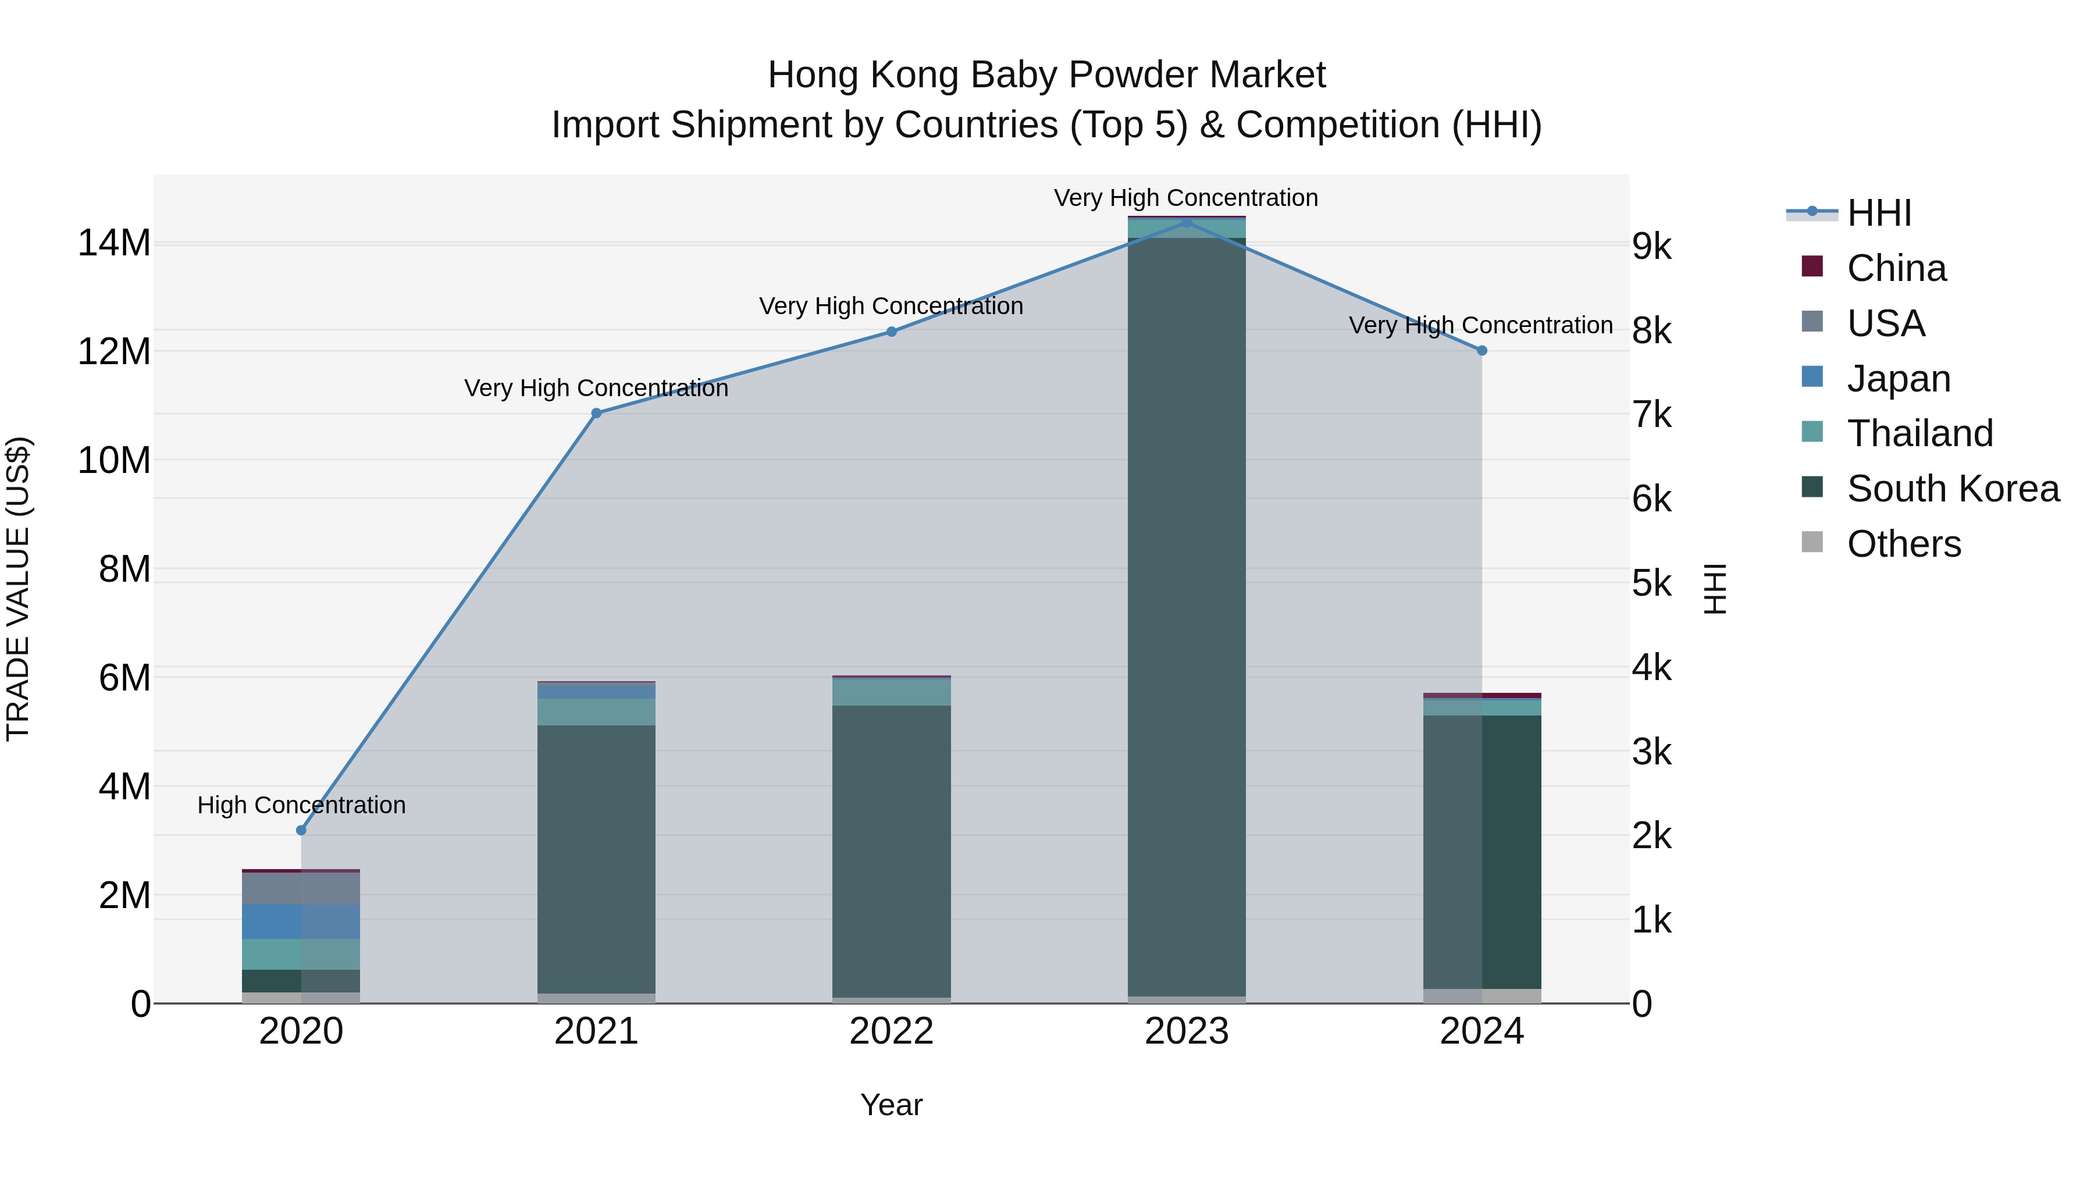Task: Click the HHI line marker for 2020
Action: (301, 830)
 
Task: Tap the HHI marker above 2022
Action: (891, 332)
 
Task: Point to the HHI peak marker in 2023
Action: (1186, 222)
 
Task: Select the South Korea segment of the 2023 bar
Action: (1186, 618)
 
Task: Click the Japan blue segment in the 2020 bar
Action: (301, 922)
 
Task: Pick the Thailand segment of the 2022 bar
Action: (891, 692)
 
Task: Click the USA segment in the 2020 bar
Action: (301, 888)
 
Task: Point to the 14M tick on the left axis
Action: (114, 243)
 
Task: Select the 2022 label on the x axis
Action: (891, 1031)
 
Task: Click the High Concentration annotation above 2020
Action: (301, 805)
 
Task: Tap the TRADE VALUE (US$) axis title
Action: (18, 589)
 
